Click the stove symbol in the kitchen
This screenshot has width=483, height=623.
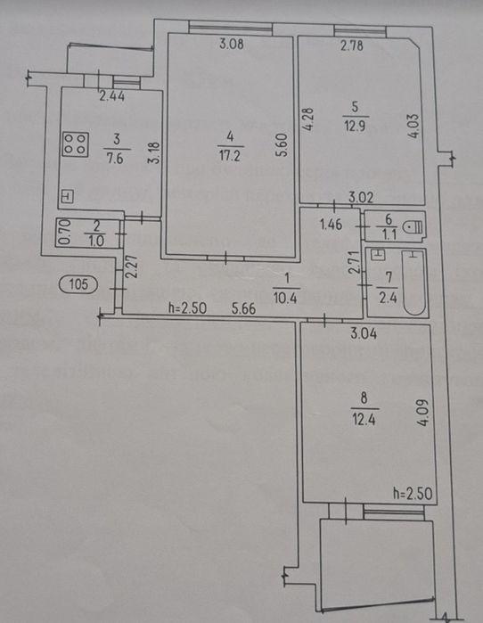click(x=76, y=143)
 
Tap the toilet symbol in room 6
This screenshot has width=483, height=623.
click(x=413, y=227)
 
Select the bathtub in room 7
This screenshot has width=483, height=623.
click(x=414, y=283)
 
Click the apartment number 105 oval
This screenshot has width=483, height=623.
click(x=78, y=284)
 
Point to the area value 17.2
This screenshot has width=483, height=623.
click(x=230, y=155)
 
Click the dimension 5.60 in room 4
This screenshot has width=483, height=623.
click(x=282, y=144)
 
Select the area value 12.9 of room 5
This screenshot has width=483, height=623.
click(x=355, y=127)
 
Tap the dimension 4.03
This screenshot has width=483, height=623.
click(x=413, y=126)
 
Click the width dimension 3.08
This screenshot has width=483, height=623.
click(x=232, y=44)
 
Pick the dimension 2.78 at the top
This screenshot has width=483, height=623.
click(x=351, y=45)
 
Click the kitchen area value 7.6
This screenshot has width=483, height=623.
click(x=115, y=158)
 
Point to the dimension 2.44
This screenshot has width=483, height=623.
click(x=111, y=96)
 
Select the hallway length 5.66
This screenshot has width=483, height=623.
click(x=243, y=308)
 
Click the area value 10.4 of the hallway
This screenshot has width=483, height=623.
click(x=285, y=297)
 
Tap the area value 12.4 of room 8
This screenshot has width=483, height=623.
click(x=364, y=419)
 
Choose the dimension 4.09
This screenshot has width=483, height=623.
click(x=423, y=412)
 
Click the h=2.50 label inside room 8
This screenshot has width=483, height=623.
click(x=413, y=494)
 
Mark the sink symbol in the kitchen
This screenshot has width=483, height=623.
click(x=68, y=196)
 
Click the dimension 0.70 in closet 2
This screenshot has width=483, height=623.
click(x=66, y=233)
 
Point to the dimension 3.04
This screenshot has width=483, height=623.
click(x=364, y=333)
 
